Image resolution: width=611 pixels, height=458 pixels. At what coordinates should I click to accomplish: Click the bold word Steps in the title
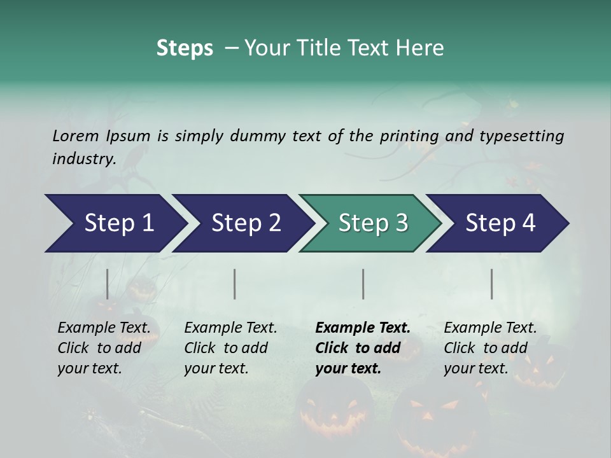185,48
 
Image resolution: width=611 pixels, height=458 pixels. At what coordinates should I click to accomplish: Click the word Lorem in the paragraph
75,135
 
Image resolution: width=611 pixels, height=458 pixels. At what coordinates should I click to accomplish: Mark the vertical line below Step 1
107,284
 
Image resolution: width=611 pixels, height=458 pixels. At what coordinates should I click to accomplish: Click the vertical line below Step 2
235,284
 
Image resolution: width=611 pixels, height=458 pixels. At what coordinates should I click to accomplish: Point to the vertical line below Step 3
363,284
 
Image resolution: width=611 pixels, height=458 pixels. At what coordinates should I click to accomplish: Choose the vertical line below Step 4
491,284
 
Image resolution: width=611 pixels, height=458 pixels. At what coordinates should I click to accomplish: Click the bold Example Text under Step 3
363,328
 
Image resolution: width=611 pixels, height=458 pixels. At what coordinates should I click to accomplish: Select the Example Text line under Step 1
104,328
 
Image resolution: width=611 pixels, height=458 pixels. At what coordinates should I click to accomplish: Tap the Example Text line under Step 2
230,328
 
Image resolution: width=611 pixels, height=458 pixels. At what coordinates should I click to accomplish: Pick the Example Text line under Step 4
490,328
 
